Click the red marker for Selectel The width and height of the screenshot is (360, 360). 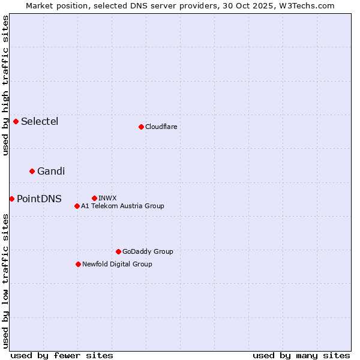[x=16, y=122]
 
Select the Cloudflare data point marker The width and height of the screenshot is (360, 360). [x=141, y=127]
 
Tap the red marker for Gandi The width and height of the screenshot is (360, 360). [x=32, y=172]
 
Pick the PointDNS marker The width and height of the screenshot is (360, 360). [x=12, y=199]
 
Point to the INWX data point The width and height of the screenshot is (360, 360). [x=94, y=198]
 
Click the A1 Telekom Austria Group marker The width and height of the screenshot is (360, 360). [x=77, y=206]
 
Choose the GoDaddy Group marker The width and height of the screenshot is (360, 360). [x=118, y=251]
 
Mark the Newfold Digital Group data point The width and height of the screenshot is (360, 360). [x=78, y=264]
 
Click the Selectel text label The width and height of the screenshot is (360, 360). [x=40, y=122]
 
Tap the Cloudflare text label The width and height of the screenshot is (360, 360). [x=161, y=127]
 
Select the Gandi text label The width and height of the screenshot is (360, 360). [x=51, y=172]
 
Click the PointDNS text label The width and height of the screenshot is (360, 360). [x=39, y=199]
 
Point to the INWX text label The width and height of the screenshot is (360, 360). [x=107, y=198]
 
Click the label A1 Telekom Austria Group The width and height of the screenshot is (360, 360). [x=122, y=206]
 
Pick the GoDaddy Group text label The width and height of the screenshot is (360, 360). [x=148, y=251]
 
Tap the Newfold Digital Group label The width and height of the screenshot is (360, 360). [x=117, y=264]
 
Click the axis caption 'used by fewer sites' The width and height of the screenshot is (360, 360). [x=62, y=355]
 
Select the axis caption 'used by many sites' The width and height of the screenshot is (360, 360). [x=301, y=355]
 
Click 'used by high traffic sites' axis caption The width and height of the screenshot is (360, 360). [x=5, y=85]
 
